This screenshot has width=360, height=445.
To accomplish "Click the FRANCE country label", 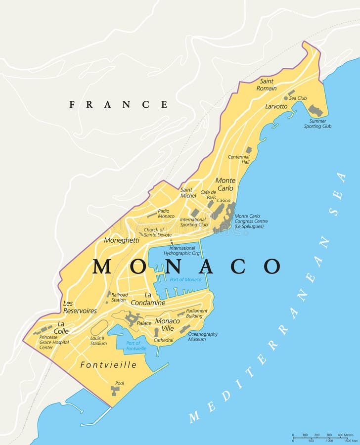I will [118, 104].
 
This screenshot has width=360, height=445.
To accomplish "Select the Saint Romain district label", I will [267, 85].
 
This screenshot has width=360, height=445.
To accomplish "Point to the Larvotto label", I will [276, 106].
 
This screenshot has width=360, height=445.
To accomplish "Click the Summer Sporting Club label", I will [317, 124].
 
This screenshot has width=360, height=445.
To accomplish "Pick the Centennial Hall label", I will [238, 159].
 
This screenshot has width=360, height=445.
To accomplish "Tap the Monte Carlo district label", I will [225, 184].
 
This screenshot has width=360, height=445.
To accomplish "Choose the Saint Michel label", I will [188, 192].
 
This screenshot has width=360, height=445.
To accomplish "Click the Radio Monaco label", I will [166, 214].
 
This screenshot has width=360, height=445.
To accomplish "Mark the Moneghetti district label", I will [122, 240].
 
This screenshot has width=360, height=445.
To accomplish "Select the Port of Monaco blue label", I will [185, 280].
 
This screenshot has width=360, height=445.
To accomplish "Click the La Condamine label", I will [148, 299].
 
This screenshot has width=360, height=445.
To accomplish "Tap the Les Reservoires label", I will [80, 307].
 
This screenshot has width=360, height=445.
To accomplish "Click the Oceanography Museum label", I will [203, 337].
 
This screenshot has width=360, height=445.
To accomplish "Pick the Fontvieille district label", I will [108, 365].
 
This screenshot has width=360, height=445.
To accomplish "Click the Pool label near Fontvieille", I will [120, 383].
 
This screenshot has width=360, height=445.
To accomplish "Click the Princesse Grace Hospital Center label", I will [54, 342].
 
